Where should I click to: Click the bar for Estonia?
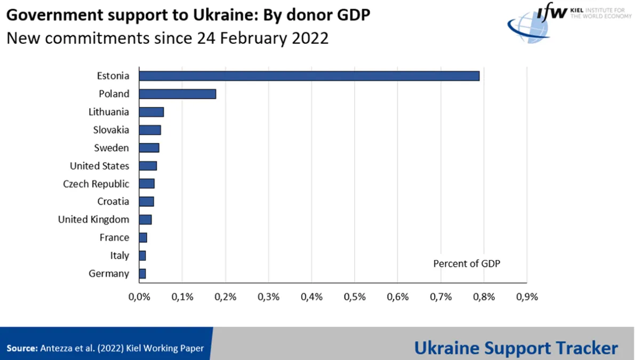[x=309, y=76]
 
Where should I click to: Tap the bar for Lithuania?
[x=151, y=112]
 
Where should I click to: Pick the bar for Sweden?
[x=149, y=148]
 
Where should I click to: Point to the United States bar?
[x=148, y=166]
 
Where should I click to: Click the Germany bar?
[x=142, y=274]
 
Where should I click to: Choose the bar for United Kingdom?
[x=145, y=220]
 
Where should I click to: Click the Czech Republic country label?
[x=96, y=184]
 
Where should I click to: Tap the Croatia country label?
[x=113, y=202]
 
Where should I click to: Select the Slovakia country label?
[x=111, y=130]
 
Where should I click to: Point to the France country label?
[x=114, y=237]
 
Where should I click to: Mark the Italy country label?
[x=119, y=255]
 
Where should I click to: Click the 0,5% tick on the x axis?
[x=355, y=297]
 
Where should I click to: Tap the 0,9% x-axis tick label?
[x=527, y=297]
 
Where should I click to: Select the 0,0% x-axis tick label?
[x=139, y=297]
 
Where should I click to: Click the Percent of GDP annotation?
[x=467, y=263]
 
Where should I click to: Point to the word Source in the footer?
[x=21, y=348]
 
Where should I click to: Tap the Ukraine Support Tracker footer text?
[x=516, y=348]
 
